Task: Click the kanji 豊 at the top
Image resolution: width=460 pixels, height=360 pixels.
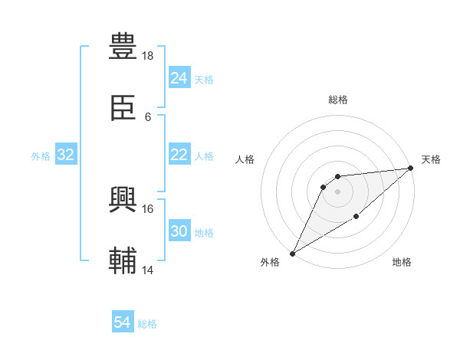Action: (123, 46)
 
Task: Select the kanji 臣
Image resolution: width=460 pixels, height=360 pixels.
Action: (123, 110)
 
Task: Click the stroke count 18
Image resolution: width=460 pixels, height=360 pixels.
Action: (148, 56)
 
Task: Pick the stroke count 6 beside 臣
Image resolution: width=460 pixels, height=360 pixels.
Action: (148, 117)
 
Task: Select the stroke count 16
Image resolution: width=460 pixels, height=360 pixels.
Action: (148, 208)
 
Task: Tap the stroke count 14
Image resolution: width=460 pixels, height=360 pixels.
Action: (148, 270)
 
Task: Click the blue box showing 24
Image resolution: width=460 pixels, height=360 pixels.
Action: (179, 78)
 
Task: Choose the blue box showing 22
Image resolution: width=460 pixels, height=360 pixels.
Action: (179, 155)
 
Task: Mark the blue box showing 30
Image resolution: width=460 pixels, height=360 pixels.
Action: (179, 232)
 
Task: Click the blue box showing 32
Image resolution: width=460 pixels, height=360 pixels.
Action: (66, 155)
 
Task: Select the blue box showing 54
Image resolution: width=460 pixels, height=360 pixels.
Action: (123, 322)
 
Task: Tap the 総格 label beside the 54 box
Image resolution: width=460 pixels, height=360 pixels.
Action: (147, 324)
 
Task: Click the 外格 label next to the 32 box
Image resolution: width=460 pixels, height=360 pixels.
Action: (41, 156)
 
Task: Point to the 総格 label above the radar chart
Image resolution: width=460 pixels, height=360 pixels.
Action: (338, 100)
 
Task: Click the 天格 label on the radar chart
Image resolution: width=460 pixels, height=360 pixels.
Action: (431, 159)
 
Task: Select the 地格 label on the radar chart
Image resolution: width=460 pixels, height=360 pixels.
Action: (402, 262)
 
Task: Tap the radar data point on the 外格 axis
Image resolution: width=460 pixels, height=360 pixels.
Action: (292, 253)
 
